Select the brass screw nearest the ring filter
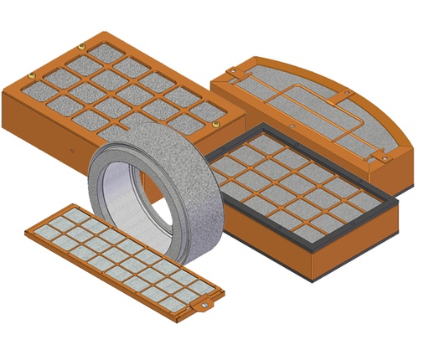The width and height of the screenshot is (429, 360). click(215, 123)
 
